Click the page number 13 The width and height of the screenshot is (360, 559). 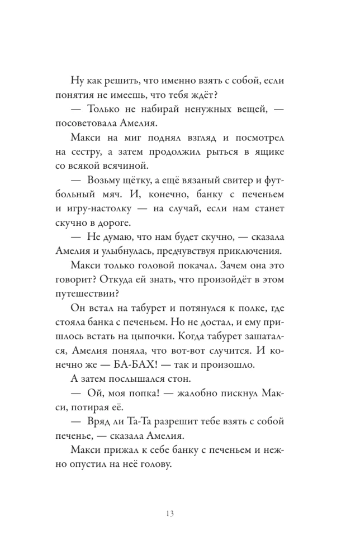[179, 514]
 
